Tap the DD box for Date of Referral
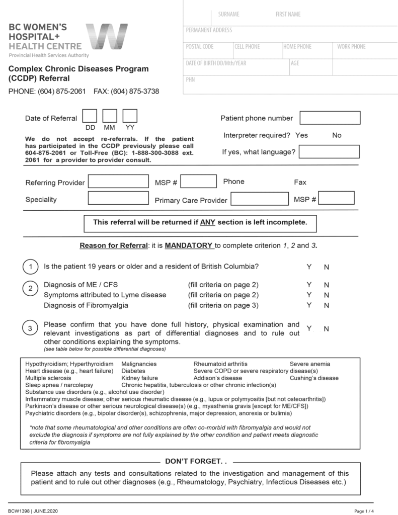click(90, 116)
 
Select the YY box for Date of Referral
click(130, 116)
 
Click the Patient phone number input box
click(330, 118)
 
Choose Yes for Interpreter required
click(301, 135)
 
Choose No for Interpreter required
click(337, 135)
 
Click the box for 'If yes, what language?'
click(329, 151)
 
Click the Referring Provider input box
click(118, 182)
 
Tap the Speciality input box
click(118, 198)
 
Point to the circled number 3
click(30, 328)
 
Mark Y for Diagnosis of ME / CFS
click(309, 285)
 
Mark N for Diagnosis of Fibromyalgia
click(327, 305)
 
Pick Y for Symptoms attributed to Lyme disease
click(309, 295)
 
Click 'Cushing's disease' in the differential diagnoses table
click(314, 378)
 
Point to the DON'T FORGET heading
click(196, 461)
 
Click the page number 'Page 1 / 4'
click(365, 511)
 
